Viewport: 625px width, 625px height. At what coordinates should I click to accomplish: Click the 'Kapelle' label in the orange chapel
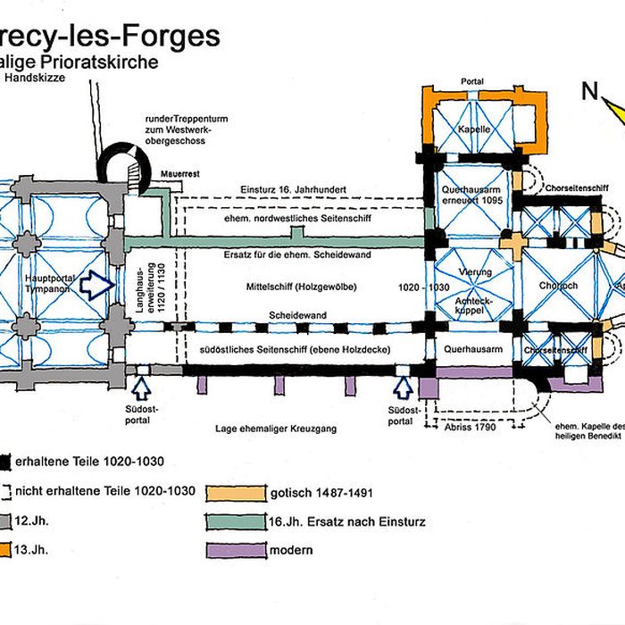tap(474, 129)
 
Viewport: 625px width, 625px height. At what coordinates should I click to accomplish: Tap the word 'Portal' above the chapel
tap(472, 81)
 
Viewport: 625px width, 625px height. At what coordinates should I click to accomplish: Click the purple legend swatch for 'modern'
tap(237, 550)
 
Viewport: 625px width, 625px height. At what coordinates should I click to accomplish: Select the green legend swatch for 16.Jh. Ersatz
tap(237, 521)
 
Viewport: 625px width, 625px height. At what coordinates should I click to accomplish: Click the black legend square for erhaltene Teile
tap(5, 462)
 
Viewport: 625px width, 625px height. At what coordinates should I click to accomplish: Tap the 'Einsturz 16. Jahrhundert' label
tap(294, 189)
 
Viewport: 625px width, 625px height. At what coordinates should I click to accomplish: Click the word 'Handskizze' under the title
tap(32, 78)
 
